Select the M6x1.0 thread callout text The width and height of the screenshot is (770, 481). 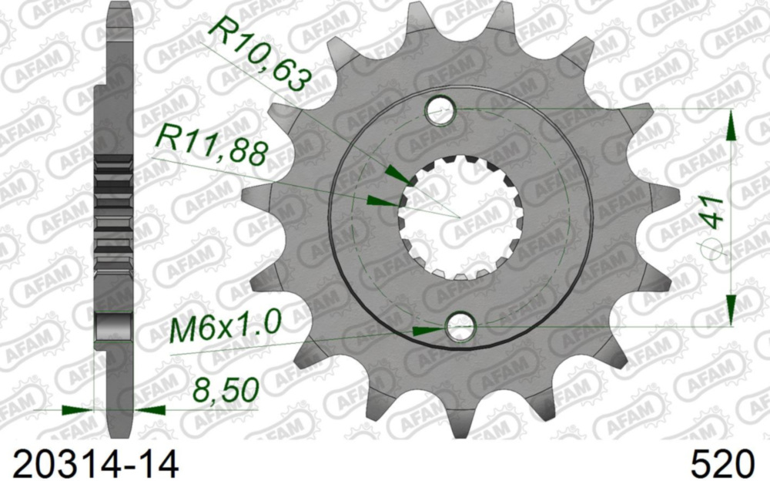(x=225, y=327)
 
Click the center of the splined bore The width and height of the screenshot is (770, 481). (x=460, y=218)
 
